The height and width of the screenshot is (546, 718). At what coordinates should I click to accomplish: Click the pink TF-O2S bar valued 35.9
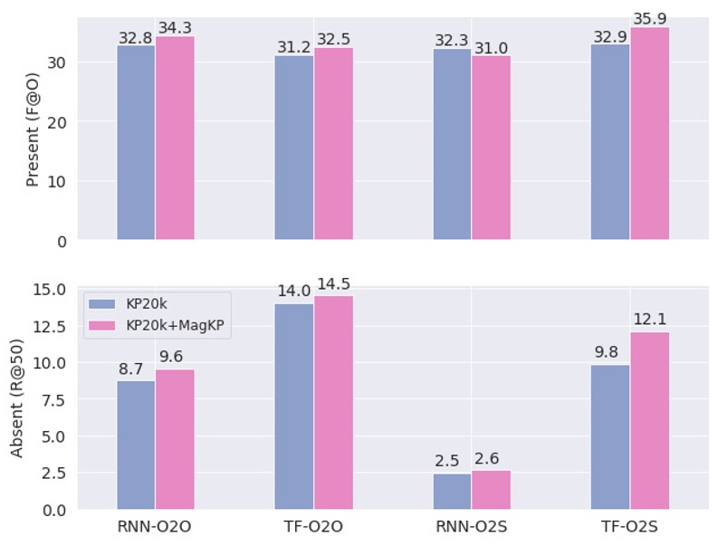coord(650,134)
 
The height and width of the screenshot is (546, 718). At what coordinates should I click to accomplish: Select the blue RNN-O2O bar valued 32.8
coord(136,143)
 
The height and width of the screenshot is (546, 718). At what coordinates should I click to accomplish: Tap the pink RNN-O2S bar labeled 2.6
coord(491,490)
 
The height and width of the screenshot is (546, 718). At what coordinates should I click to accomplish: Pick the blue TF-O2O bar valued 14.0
coord(294,407)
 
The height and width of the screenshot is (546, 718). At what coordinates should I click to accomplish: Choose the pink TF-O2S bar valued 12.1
coord(650,421)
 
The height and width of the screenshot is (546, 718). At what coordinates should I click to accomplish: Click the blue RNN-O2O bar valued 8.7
coord(136,445)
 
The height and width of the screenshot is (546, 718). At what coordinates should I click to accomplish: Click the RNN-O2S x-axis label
coord(472,526)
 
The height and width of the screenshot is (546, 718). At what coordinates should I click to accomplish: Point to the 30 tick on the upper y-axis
coord(55,62)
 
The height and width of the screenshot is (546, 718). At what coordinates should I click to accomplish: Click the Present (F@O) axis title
coord(33,131)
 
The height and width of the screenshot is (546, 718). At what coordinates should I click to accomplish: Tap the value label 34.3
coord(175,28)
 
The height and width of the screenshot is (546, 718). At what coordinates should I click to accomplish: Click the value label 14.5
coord(333,285)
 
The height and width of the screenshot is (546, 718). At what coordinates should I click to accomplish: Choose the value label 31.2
coord(293,46)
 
